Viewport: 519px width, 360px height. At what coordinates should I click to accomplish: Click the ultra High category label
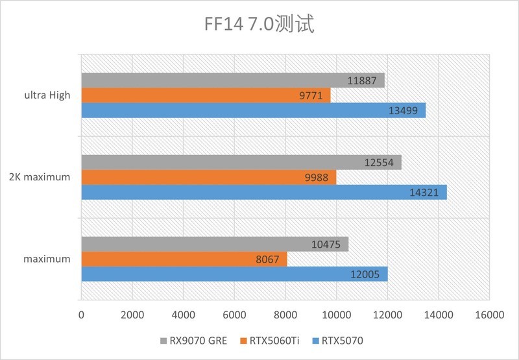(48, 95)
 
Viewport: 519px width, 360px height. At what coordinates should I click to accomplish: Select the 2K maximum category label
(40, 178)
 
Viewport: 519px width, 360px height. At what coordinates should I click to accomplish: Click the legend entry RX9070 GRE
(194, 339)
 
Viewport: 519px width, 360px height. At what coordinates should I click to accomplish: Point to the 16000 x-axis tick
(489, 315)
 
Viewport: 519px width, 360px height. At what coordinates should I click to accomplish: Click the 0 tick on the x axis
(82, 315)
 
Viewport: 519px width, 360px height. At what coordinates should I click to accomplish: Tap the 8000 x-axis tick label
(285, 315)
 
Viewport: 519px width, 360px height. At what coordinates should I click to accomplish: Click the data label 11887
(361, 80)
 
